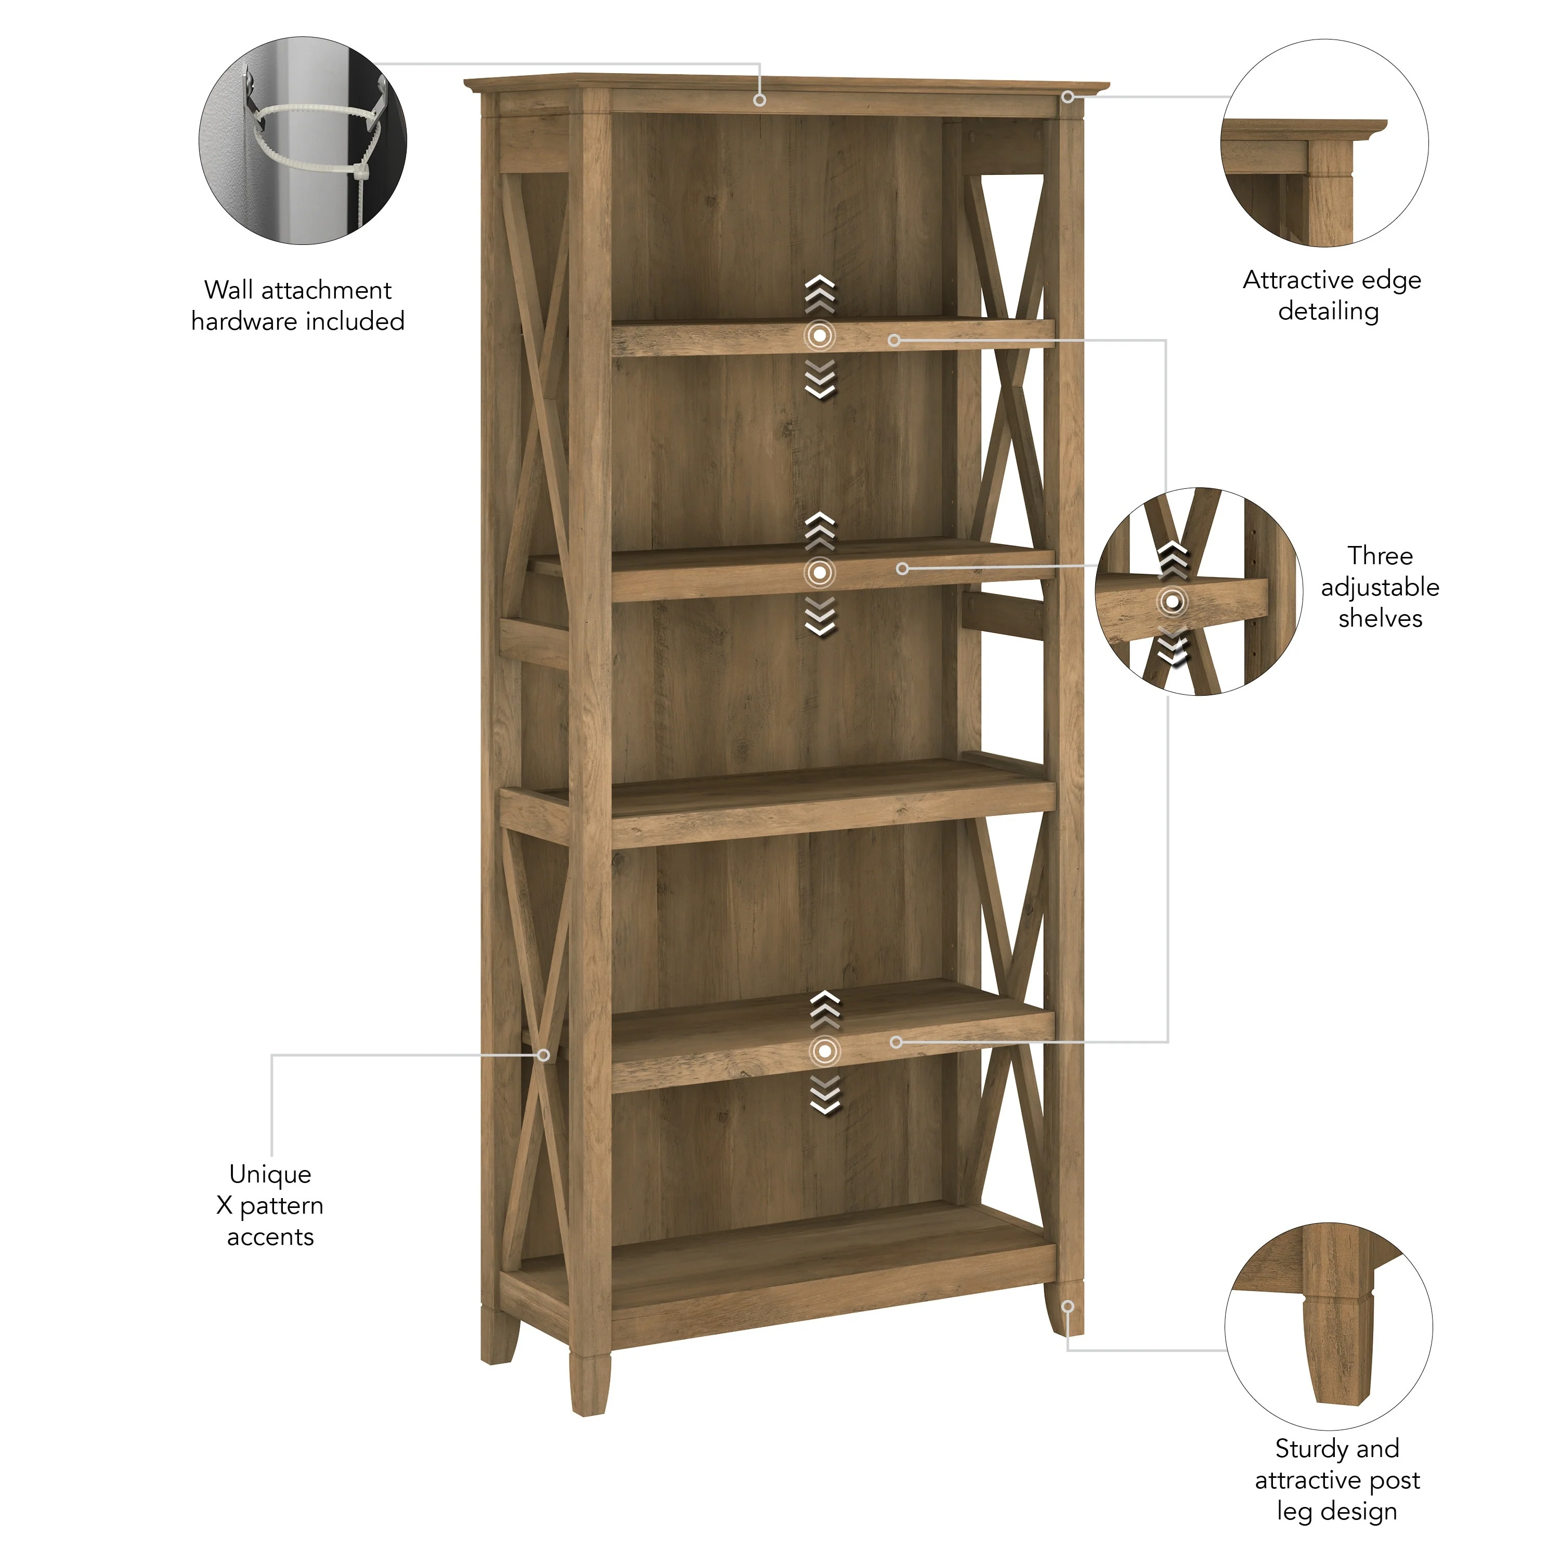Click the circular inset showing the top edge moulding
pos(1324,143)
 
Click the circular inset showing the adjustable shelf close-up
pos(1198,591)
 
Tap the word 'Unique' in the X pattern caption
pos(270,1174)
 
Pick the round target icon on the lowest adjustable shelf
pos(824,1050)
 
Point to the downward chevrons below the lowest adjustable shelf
pos(824,1096)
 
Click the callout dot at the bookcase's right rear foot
pos(1068,1306)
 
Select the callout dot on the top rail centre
pos(759,100)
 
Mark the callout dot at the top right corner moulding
pos(1068,97)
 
